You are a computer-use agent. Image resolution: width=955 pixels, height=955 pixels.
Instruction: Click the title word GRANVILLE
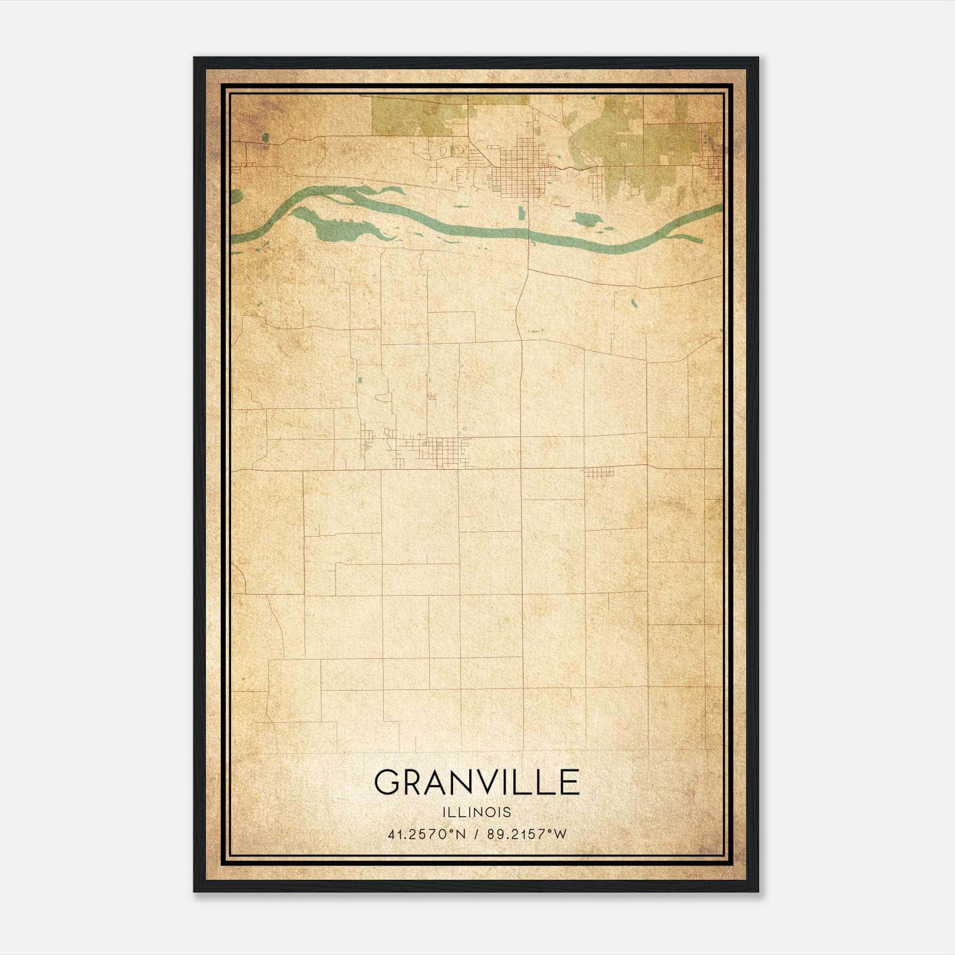click(x=476, y=783)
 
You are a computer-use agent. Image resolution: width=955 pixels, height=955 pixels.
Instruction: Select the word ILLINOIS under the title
click(x=476, y=812)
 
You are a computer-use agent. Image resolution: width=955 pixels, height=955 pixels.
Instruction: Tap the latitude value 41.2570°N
click(x=426, y=834)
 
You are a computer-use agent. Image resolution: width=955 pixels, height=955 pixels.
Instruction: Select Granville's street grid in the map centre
click(x=439, y=451)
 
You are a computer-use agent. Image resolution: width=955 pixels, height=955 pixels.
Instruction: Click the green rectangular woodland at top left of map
click(x=418, y=116)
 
